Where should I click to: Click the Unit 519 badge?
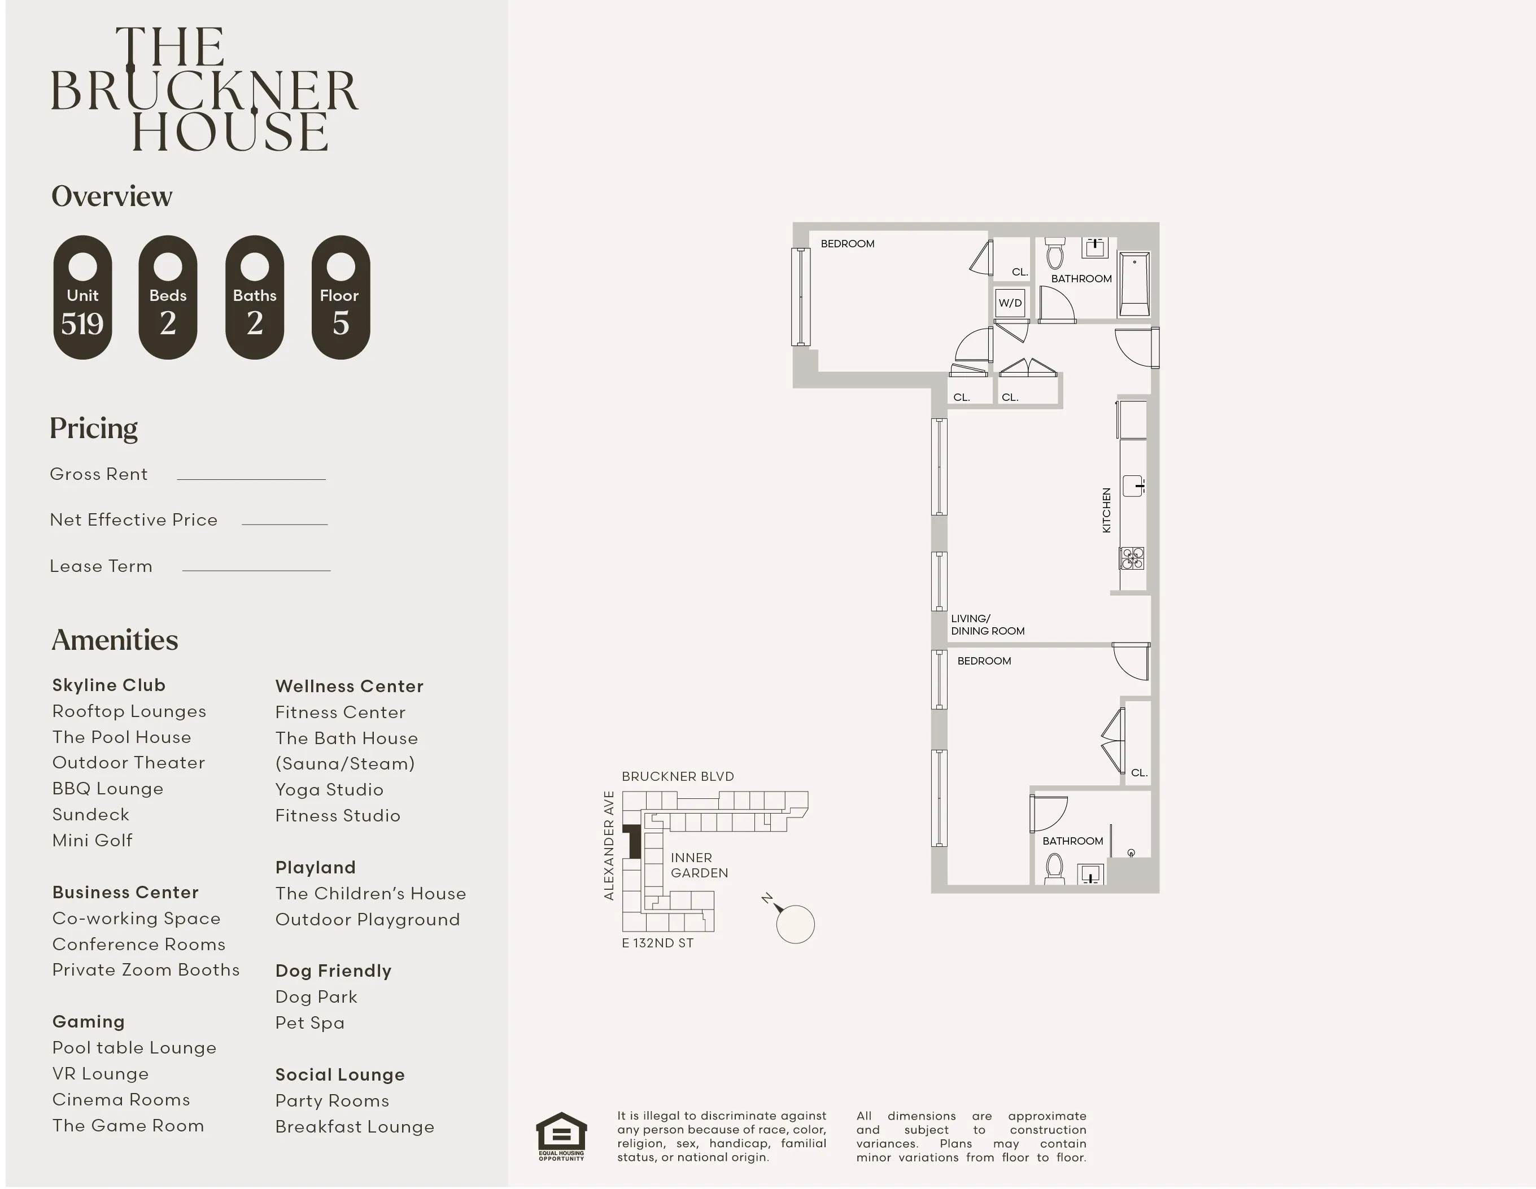click(x=82, y=298)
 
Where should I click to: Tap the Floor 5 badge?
click(x=341, y=298)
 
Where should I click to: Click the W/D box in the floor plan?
click(x=1010, y=303)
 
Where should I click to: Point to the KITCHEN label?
click(x=1106, y=510)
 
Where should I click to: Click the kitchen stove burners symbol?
click(x=1132, y=558)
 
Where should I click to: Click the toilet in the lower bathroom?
click(x=1054, y=868)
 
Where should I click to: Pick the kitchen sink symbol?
click(x=1132, y=485)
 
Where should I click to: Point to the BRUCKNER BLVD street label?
click(x=677, y=776)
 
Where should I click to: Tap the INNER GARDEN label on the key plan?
click(x=699, y=865)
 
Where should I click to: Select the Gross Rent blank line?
click(x=251, y=478)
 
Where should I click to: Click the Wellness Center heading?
click(x=349, y=687)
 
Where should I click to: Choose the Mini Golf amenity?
click(x=92, y=840)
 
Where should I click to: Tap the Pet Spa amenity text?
click(x=309, y=1022)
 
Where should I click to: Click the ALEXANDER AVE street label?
click(x=609, y=845)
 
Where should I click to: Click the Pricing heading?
click(x=94, y=428)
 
